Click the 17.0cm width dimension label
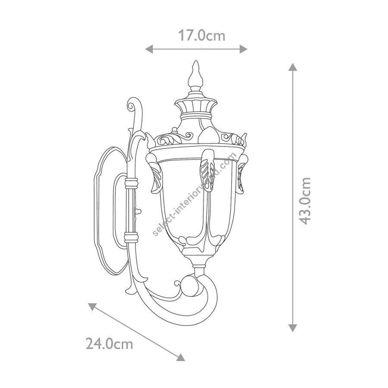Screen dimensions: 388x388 coord(202,36)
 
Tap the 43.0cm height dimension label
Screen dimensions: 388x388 coord(304,200)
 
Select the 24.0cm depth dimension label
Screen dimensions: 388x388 coord(110,344)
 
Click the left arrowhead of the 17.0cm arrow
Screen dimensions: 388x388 coord(149,49)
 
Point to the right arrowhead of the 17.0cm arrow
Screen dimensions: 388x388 coord(244,49)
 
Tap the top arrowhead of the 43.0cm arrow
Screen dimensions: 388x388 coord(293,67)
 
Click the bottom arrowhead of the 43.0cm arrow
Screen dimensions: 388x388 coord(293,328)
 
